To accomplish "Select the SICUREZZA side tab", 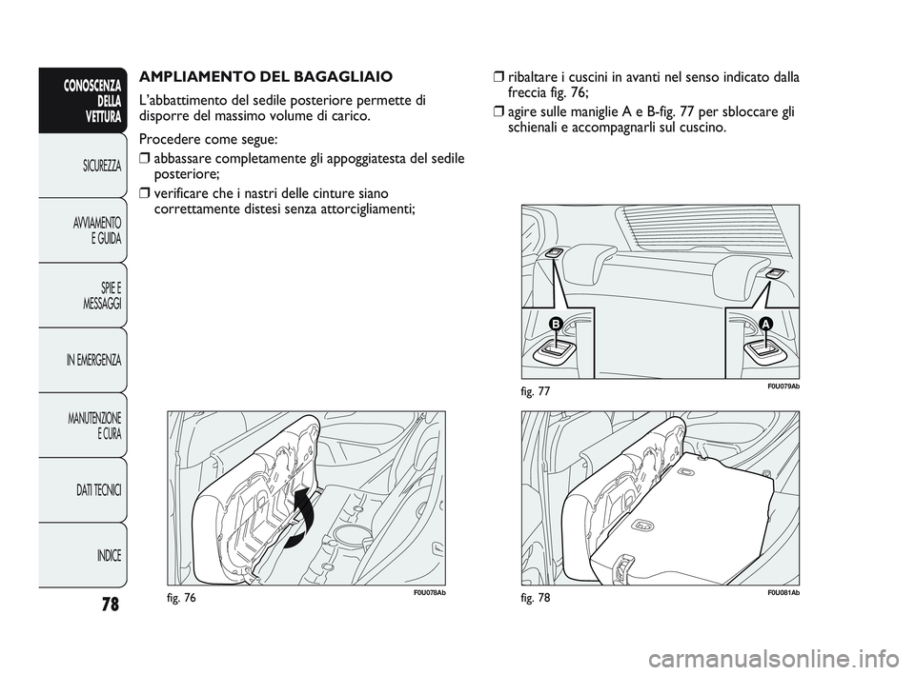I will (100, 166).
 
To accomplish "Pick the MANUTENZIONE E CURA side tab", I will (93, 426).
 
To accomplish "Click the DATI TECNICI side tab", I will (97, 489).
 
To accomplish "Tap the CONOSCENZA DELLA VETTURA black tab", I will (91, 100).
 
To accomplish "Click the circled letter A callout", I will (763, 326).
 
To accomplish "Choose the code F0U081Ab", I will (780, 593).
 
